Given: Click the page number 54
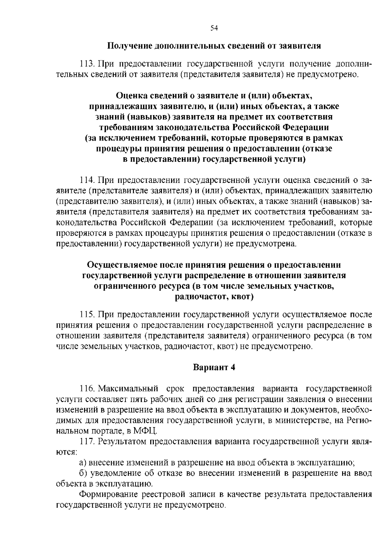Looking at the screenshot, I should (214, 28).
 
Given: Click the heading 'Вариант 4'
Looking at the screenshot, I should (214, 367).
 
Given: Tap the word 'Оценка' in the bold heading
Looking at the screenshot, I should (130, 96).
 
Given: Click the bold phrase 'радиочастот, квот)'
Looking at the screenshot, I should (214, 297).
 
